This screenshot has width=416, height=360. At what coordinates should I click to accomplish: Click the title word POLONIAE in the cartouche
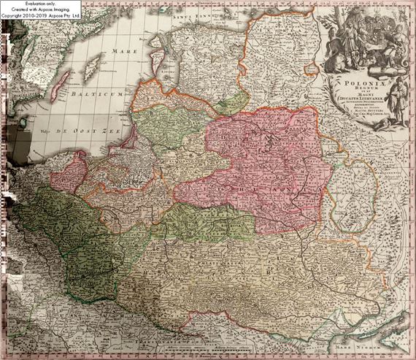coord(353,84)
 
